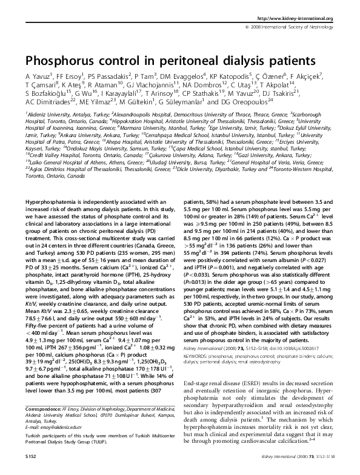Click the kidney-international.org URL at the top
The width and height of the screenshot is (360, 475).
301,19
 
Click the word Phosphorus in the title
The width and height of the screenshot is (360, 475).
60,61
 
